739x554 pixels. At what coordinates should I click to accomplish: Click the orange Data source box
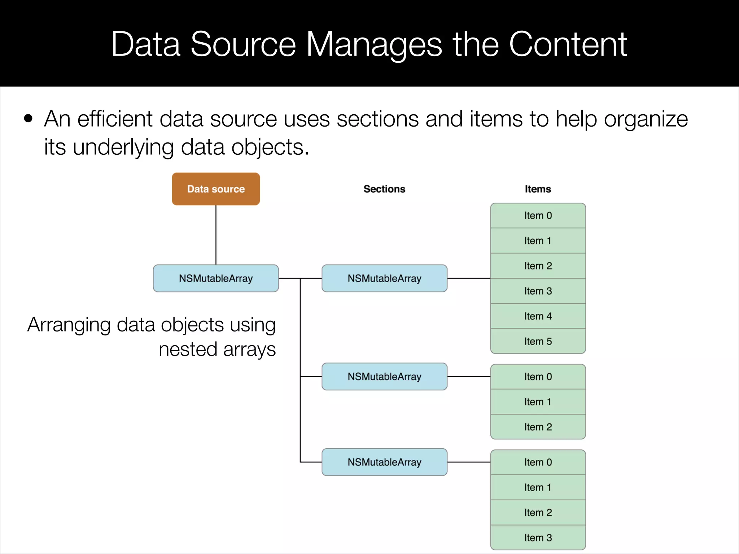click(216, 189)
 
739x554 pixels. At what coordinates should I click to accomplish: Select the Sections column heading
click(384, 189)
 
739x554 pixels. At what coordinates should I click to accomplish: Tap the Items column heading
click(538, 189)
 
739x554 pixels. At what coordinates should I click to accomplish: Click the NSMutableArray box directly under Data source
click(216, 278)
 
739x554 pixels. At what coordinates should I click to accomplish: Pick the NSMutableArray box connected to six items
click(384, 278)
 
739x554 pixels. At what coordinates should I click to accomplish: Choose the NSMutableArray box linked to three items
click(384, 377)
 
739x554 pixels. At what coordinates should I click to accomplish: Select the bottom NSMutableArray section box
click(384, 462)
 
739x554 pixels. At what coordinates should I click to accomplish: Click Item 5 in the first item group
click(538, 341)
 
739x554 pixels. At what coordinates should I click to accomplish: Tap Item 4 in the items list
click(538, 316)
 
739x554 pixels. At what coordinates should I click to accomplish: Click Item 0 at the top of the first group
click(538, 216)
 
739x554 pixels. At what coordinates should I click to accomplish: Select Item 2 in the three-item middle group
click(538, 427)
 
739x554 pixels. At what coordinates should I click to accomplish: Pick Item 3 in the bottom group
click(538, 538)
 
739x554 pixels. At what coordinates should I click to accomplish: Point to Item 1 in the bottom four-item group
click(538, 488)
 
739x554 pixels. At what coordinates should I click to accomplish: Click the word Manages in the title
click(374, 45)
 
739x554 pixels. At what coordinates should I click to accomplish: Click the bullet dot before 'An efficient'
click(28, 118)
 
